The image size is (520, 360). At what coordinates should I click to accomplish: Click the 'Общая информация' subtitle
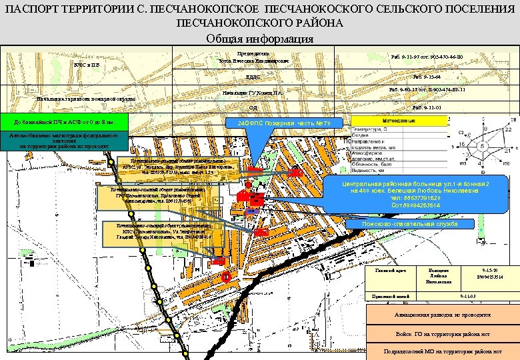click(x=259, y=39)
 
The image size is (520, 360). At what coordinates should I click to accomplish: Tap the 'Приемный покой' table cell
click(x=389, y=295)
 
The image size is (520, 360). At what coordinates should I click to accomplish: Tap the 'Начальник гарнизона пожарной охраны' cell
click(x=85, y=99)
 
